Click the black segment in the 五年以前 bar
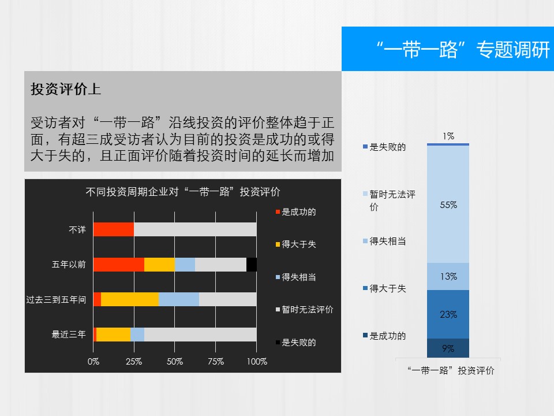pyautogui.click(x=252, y=265)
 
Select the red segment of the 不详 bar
pyautogui.click(x=114, y=229)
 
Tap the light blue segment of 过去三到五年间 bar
pyautogui.click(x=179, y=299)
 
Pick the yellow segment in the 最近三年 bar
pyautogui.click(x=114, y=335)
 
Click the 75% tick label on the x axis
pyautogui.click(x=215, y=362)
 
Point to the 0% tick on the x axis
pyautogui.click(x=93, y=362)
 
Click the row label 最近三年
pyautogui.click(x=69, y=335)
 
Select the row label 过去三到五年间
pyautogui.click(x=56, y=300)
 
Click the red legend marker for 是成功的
pyautogui.click(x=278, y=212)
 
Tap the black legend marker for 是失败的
pyautogui.click(x=278, y=343)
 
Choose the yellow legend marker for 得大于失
pyautogui.click(x=278, y=244)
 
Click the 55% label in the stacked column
pyautogui.click(x=448, y=205)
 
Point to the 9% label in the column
pyautogui.click(x=448, y=348)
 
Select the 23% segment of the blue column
pyautogui.click(x=448, y=314)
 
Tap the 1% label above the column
pyautogui.click(x=448, y=136)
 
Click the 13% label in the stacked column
pyautogui.click(x=448, y=276)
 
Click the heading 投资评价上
pyautogui.click(x=66, y=89)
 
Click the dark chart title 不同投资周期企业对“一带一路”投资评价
pyautogui.click(x=183, y=192)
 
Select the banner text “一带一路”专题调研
pyautogui.click(x=463, y=49)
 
